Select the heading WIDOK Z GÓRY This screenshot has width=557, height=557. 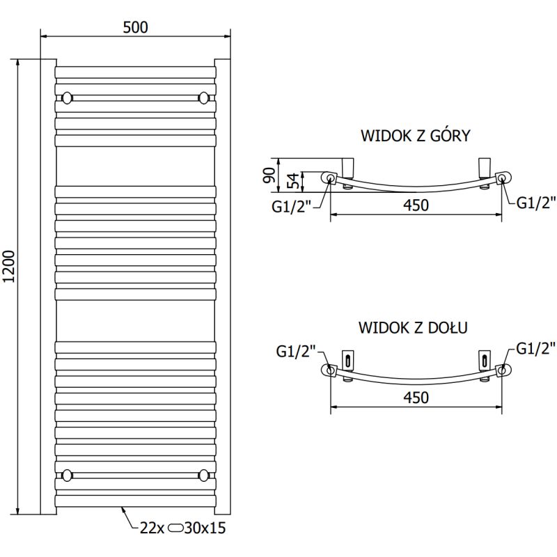(x=415, y=136)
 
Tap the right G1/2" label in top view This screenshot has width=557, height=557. (x=535, y=203)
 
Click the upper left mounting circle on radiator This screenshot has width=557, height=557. (x=67, y=97)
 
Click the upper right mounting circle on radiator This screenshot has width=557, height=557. (x=204, y=97)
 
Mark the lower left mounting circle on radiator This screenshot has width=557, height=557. (x=67, y=475)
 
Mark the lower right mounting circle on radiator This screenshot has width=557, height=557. (x=204, y=475)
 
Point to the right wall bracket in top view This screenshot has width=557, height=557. (x=483, y=167)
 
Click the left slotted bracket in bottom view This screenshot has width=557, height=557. (x=348, y=360)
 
